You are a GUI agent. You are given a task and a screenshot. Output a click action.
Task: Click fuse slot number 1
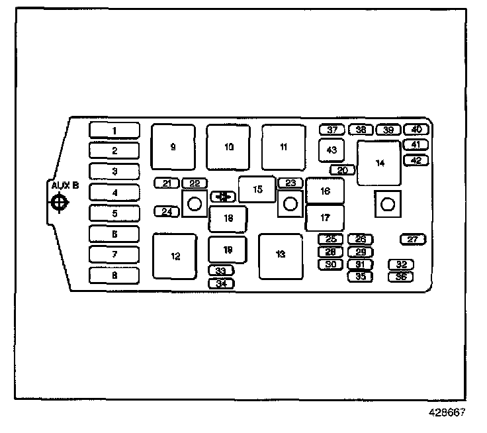click(x=114, y=130)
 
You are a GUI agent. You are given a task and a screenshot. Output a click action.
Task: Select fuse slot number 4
click(x=114, y=193)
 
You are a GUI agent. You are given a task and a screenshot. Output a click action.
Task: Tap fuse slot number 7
click(x=114, y=254)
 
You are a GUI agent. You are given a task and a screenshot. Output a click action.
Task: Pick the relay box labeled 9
click(x=173, y=147)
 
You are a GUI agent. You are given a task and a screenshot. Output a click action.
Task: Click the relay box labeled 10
click(x=228, y=147)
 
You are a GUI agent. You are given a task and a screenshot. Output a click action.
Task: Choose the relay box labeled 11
click(x=283, y=147)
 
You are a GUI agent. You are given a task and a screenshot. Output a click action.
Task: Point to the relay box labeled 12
click(x=175, y=256)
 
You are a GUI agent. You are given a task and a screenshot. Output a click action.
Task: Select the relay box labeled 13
click(x=281, y=255)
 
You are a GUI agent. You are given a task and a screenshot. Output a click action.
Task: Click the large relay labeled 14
click(x=379, y=163)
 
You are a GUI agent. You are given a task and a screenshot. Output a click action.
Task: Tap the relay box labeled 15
click(x=257, y=189)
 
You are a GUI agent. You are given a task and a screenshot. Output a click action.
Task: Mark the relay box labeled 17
click(x=324, y=217)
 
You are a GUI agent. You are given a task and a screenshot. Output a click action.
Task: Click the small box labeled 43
click(x=332, y=150)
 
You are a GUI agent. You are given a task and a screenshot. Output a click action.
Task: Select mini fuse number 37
click(x=332, y=130)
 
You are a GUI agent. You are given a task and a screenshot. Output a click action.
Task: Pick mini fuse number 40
click(x=416, y=130)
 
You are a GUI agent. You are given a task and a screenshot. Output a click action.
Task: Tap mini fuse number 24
click(x=167, y=212)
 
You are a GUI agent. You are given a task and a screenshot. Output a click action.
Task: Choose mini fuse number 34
click(x=221, y=283)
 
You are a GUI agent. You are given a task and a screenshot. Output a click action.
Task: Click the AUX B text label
click(x=65, y=186)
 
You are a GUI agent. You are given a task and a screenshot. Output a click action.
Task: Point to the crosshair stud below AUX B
click(x=59, y=203)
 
